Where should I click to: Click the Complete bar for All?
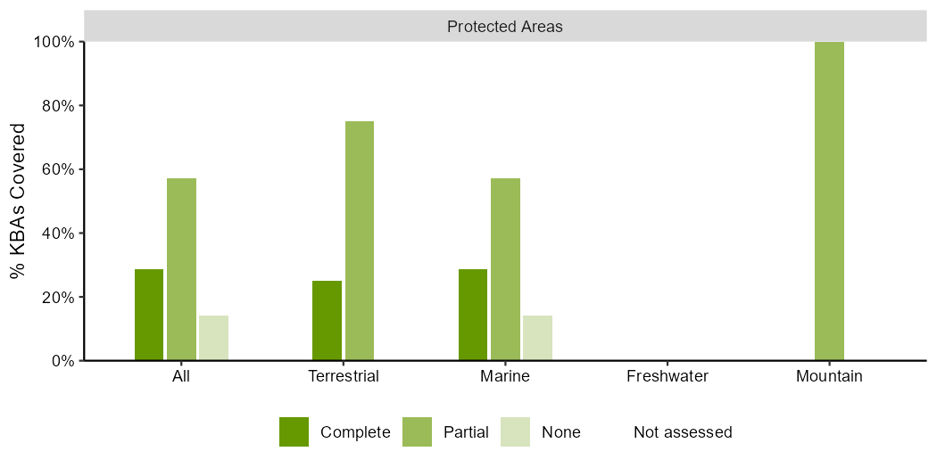(x=149, y=315)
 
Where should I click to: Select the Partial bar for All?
(x=182, y=269)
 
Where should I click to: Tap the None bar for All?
(x=214, y=338)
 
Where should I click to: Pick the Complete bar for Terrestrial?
(x=327, y=321)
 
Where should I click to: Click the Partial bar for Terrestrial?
(x=360, y=241)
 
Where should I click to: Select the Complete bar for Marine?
(x=473, y=315)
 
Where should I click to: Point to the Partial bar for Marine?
(x=506, y=269)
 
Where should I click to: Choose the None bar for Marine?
(x=538, y=338)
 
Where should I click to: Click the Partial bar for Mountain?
(x=829, y=201)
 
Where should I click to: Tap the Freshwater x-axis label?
(x=668, y=377)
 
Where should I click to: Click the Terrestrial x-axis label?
(x=344, y=377)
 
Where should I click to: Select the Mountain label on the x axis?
(x=829, y=377)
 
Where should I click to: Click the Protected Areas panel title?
(x=505, y=27)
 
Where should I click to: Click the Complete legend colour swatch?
(x=294, y=431)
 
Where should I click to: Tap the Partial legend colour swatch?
(x=417, y=431)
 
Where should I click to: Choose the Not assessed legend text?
(x=683, y=431)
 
